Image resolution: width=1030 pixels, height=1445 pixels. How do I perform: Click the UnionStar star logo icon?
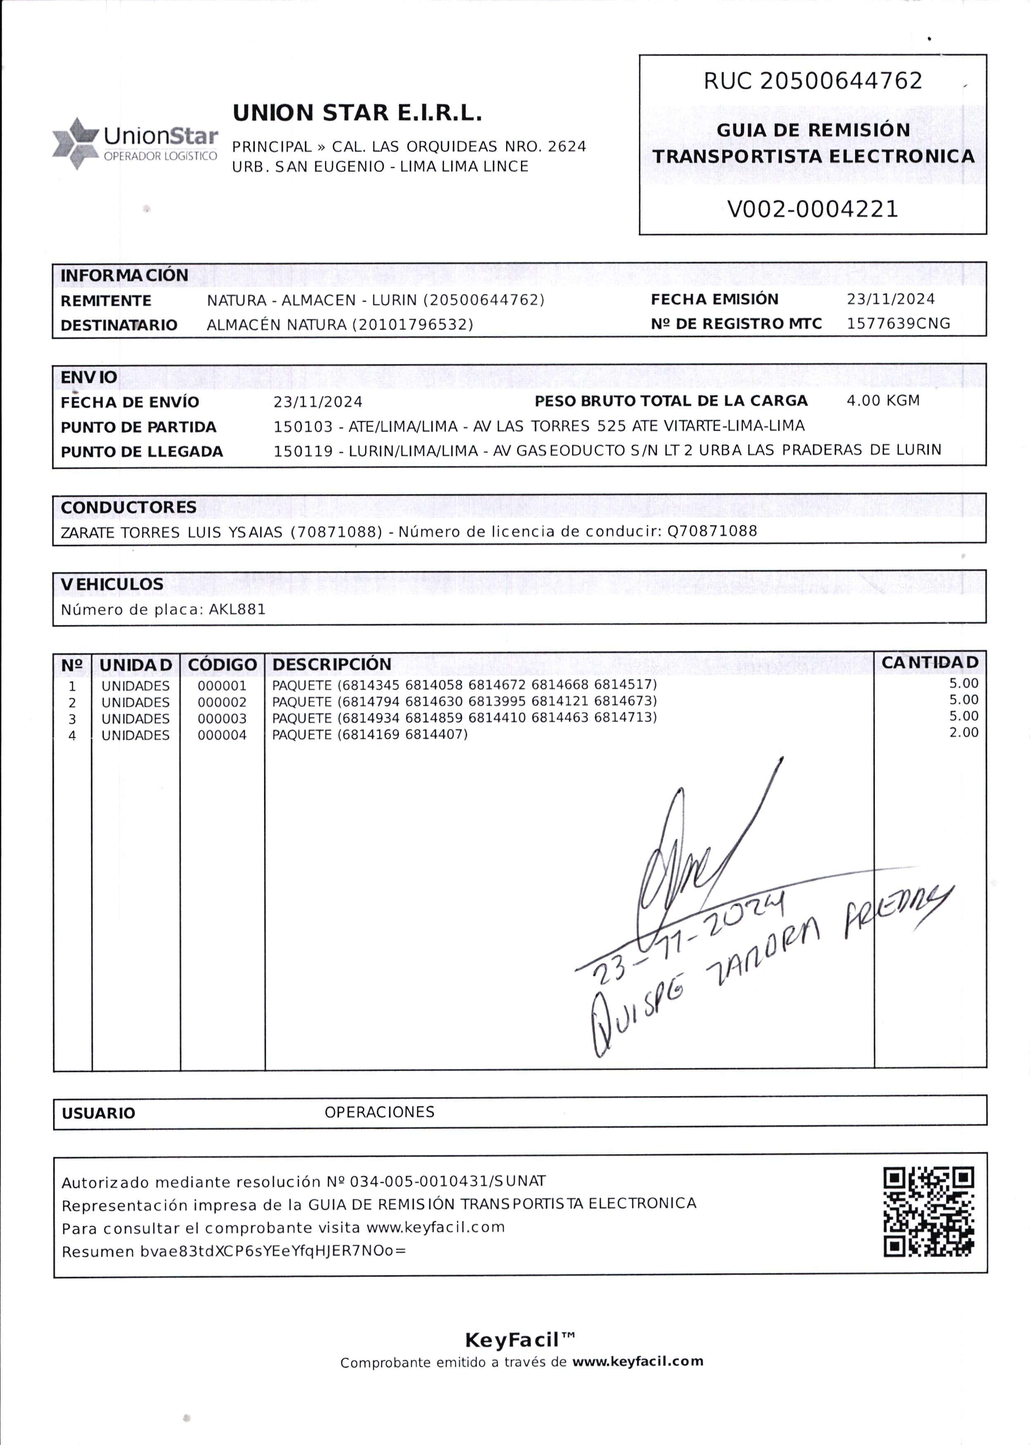[75, 143]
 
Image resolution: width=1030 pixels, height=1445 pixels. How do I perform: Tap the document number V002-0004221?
[813, 209]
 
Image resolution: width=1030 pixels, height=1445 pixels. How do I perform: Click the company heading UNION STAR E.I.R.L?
[357, 113]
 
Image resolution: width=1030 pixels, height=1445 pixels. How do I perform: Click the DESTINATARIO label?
[119, 325]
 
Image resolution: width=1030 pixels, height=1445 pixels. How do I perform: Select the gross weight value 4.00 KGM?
[883, 401]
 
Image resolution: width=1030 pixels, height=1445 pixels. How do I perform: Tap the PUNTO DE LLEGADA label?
[141, 452]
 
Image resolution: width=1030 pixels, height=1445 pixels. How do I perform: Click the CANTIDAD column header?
[930, 663]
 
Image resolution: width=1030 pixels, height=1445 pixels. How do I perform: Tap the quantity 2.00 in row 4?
[964, 733]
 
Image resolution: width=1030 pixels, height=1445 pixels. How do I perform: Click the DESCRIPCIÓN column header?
[332, 664]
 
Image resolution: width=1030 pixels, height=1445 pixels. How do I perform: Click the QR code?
[929, 1212]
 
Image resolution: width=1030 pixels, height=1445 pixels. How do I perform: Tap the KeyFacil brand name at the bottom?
[519, 1340]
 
